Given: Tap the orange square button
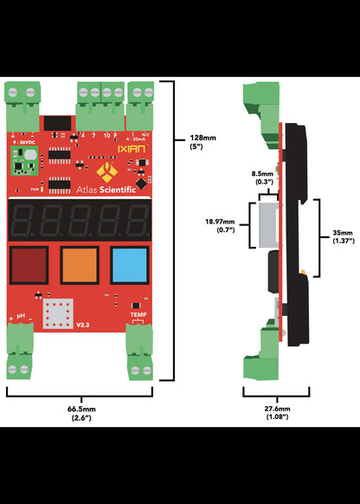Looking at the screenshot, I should [79, 263].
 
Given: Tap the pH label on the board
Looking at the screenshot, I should [19, 318].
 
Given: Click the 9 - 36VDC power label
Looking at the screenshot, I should [22, 140].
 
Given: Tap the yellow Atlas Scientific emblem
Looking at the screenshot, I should [107, 171].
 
